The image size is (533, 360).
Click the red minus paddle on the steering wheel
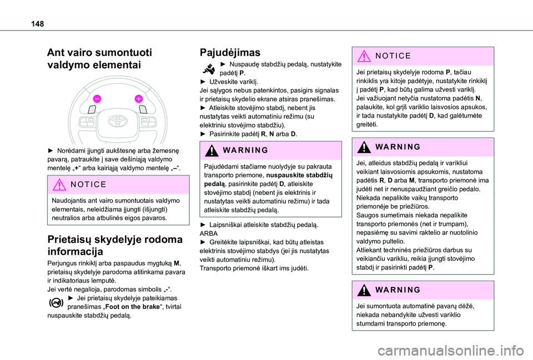[97, 98]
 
